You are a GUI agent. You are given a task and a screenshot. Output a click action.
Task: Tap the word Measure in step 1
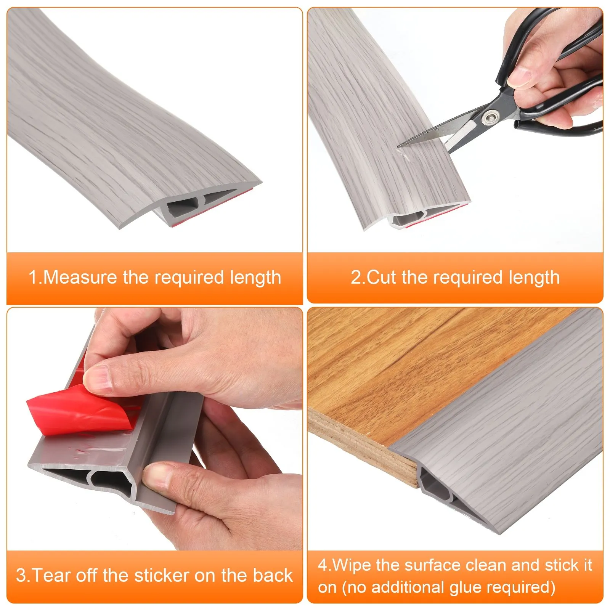pyautogui.click(x=80, y=277)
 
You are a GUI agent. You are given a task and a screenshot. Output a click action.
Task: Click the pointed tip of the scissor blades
pyautogui.click(x=399, y=146)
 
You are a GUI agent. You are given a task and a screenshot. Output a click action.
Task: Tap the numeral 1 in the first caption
pyautogui.click(x=33, y=277)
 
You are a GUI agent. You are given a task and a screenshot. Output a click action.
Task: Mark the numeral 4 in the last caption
pyautogui.click(x=323, y=565)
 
